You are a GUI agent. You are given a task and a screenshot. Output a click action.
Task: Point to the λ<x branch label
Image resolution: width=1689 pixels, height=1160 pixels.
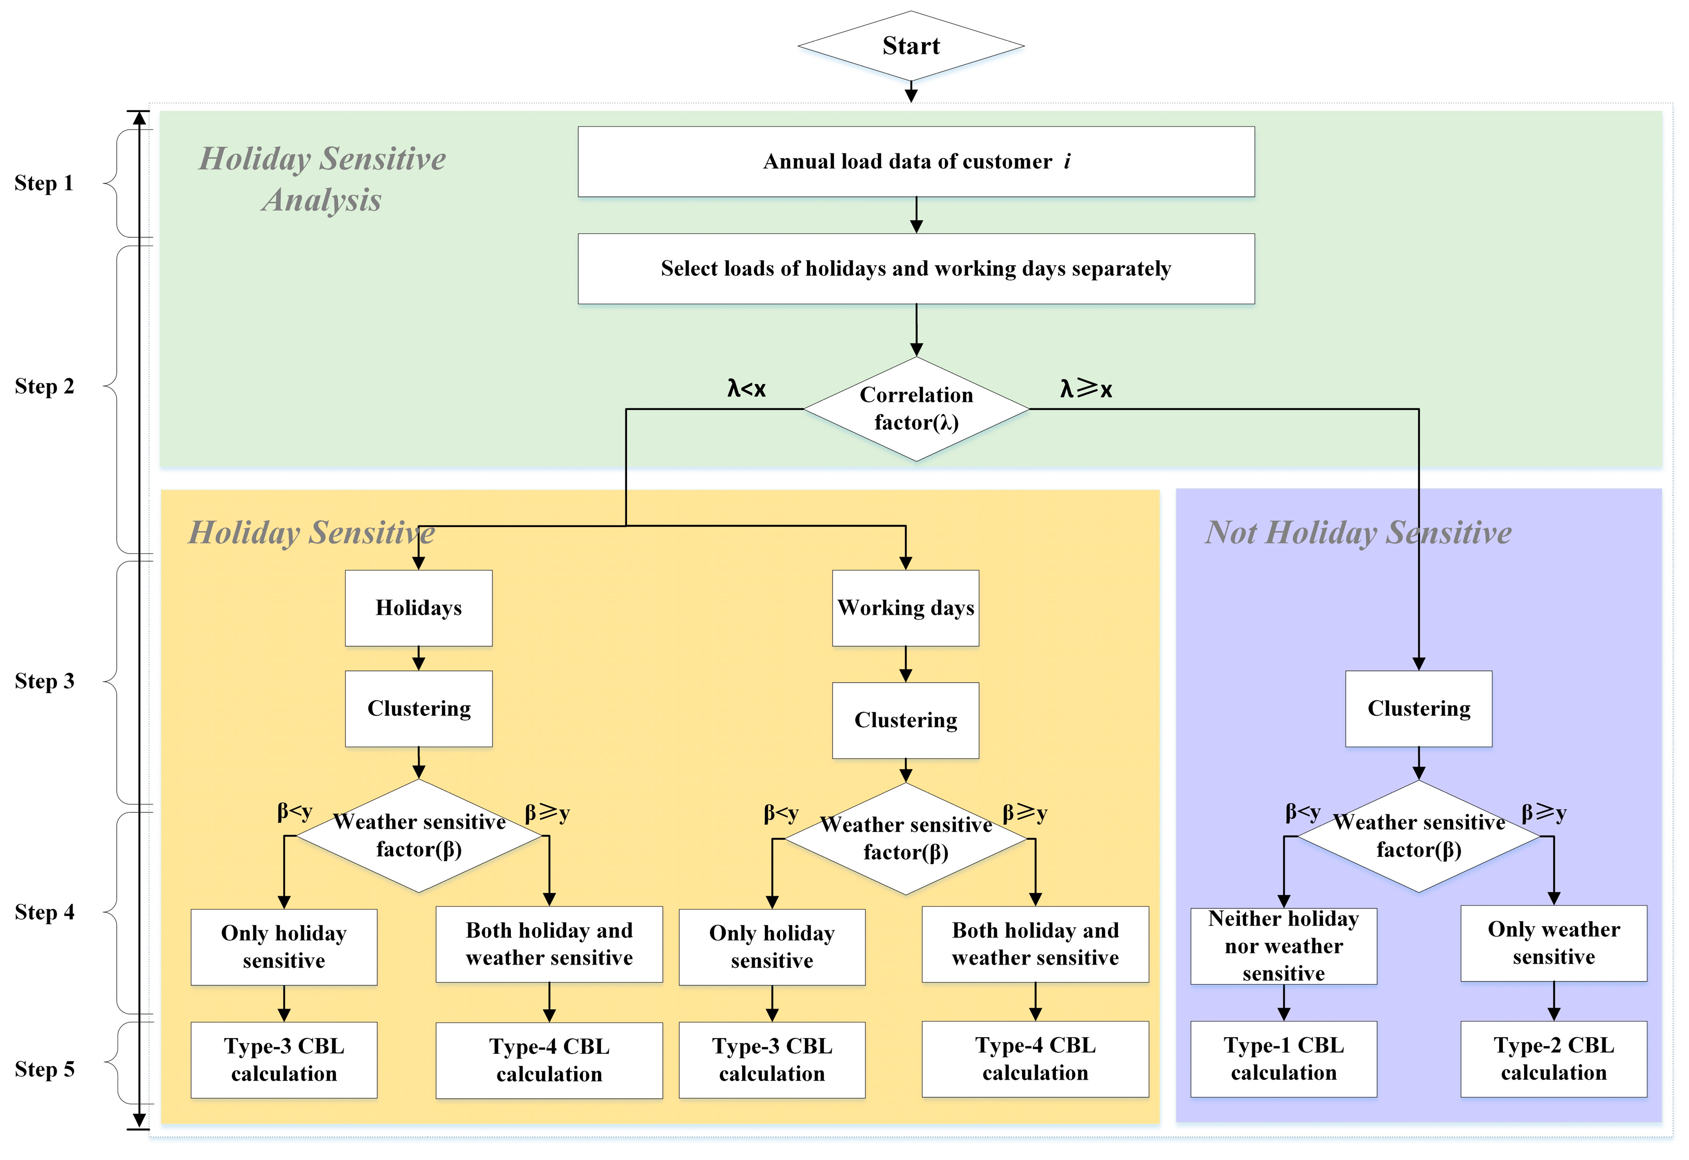[x=746, y=389]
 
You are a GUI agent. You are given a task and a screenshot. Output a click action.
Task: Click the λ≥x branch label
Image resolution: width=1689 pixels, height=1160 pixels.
[x=1085, y=389]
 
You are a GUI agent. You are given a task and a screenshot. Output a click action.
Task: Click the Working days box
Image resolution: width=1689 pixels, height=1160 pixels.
[x=905, y=607]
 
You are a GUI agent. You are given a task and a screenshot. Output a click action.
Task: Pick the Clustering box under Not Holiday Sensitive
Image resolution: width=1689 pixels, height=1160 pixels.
[x=1418, y=709]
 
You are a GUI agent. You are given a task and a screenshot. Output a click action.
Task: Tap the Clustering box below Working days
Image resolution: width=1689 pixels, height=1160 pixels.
[x=905, y=720]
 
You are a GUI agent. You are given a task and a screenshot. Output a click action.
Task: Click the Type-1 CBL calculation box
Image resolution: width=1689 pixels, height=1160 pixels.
[x=1283, y=1059]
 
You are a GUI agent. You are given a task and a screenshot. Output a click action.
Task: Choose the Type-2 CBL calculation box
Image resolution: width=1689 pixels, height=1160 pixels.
[x=1553, y=1059]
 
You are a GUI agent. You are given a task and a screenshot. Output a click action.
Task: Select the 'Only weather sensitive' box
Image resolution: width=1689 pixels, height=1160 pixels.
[x=1553, y=943]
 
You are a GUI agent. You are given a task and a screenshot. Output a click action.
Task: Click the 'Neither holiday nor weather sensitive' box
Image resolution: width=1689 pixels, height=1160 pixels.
[x=1283, y=945]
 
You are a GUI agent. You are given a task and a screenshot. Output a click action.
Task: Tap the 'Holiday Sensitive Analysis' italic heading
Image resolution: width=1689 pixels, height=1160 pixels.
[x=322, y=179]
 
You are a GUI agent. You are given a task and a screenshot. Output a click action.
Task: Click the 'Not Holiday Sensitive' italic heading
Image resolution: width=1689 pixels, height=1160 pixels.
[x=1358, y=533]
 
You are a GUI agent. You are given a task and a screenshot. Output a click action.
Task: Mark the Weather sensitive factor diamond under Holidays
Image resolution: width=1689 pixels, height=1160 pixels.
[x=419, y=836]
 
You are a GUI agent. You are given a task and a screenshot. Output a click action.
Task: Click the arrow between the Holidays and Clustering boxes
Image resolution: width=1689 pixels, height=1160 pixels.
[x=419, y=658]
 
